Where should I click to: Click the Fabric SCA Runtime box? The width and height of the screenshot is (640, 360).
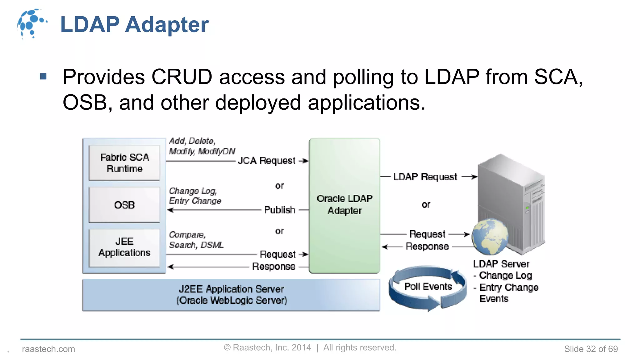click(124, 163)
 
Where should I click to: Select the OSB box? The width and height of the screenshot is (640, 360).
click(124, 205)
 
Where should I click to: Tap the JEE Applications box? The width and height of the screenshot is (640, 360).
click(124, 247)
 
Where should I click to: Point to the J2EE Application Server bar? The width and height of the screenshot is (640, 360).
click(231, 295)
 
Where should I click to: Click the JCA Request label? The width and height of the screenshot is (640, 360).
click(266, 161)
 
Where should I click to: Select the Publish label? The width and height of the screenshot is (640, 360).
click(279, 210)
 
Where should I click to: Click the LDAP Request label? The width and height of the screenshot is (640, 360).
click(425, 177)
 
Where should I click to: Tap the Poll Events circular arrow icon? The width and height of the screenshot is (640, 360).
click(427, 287)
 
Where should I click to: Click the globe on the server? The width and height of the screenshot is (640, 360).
click(490, 237)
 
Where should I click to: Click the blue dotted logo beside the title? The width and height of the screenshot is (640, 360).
click(32, 24)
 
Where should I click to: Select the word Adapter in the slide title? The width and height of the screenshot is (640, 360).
click(167, 25)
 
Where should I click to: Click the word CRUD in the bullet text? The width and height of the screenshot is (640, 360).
click(182, 77)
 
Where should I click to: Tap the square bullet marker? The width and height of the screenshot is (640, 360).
click(43, 77)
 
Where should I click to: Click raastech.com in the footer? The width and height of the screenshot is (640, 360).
click(48, 349)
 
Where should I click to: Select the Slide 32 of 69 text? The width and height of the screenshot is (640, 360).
click(591, 349)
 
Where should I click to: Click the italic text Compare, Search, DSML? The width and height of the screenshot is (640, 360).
click(196, 240)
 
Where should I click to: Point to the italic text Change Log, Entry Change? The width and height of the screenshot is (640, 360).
click(195, 196)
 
